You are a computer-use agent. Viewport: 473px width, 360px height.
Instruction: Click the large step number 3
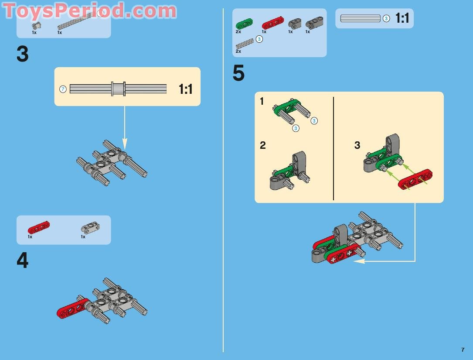23,55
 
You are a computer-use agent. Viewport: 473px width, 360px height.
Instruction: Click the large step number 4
23,261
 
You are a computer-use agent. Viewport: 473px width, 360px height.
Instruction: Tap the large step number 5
238,73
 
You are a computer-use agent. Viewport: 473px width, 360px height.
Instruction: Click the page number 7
463,350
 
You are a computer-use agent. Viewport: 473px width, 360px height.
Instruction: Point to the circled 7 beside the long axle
63,89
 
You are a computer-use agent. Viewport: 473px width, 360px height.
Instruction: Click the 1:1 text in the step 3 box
186,89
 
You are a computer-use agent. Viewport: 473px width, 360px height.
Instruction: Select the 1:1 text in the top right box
402,18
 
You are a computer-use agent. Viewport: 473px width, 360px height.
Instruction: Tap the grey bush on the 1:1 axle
118,89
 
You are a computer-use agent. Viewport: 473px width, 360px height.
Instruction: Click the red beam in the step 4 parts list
39,227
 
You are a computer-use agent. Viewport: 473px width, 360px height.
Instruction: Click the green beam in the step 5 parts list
244,24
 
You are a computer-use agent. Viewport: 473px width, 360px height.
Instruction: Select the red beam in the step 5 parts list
273,23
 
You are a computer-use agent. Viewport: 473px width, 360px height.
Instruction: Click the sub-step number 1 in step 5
262,101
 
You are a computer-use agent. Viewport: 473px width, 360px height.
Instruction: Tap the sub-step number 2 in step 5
263,145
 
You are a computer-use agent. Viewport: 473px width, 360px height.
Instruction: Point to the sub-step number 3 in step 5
357,145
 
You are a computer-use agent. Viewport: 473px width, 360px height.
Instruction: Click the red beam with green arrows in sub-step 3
415,179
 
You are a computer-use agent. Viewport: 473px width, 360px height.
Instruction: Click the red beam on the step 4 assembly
73,308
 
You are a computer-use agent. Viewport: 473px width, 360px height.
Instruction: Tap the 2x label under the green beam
238,32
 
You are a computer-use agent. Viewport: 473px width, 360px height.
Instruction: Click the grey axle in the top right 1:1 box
360,18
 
